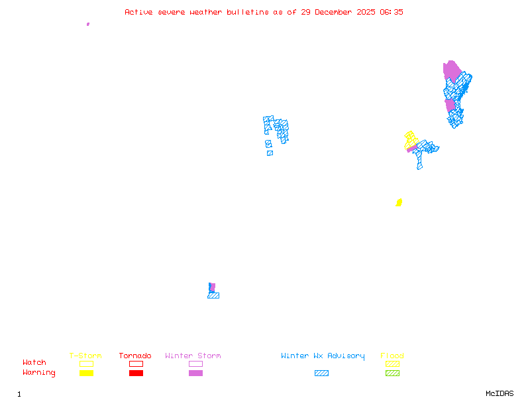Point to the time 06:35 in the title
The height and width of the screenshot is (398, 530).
click(x=390, y=12)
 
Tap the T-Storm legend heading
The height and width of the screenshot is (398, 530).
click(x=85, y=356)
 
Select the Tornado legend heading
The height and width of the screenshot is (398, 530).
click(x=135, y=356)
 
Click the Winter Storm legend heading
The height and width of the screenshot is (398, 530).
click(x=193, y=356)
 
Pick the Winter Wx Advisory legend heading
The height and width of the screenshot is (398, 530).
click(x=323, y=356)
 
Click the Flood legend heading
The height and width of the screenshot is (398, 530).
click(x=392, y=356)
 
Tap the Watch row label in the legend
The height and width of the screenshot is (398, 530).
click(x=34, y=363)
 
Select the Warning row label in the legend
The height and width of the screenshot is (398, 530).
click(x=39, y=373)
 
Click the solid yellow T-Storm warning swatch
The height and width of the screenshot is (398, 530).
click(x=86, y=373)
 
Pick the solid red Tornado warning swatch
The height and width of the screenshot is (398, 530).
click(x=136, y=373)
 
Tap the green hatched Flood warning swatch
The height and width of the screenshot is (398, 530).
click(x=393, y=373)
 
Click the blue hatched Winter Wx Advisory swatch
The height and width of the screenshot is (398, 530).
click(x=321, y=373)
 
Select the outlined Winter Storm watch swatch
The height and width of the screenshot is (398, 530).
click(x=195, y=364)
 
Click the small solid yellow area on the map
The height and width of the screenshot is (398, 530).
click(x=399, y=202)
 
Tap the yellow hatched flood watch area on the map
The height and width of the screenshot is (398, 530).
click(x=411, y=139)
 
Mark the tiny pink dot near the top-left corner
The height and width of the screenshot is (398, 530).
click(x=88, y=24)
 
